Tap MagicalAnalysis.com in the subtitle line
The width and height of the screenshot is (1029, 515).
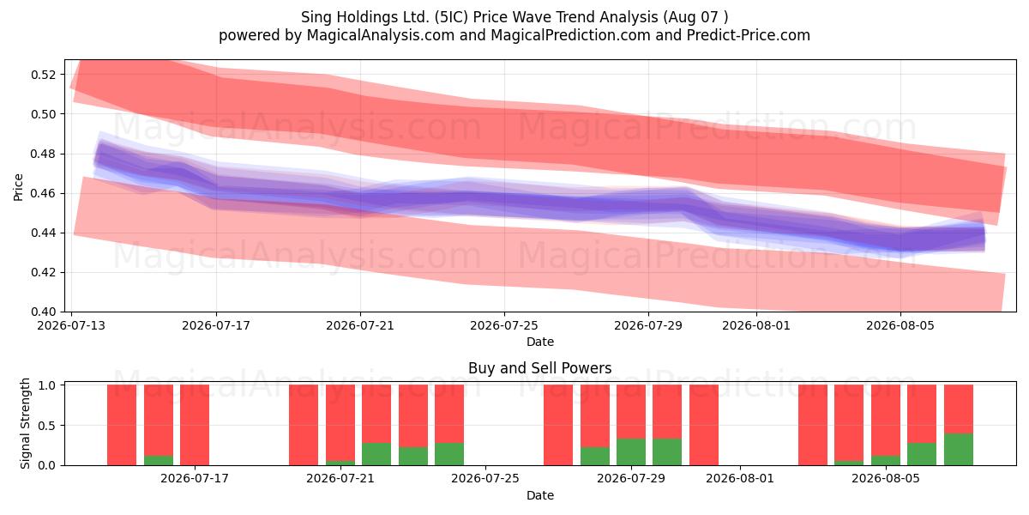[381, 35]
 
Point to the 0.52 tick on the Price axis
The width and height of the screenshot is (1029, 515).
[44, 75]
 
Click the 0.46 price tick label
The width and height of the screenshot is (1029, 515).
[44, 193]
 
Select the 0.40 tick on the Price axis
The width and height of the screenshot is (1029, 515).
[44, 312]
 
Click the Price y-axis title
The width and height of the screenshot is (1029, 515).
[18, 187]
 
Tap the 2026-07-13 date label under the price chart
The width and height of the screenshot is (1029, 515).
[71, 325]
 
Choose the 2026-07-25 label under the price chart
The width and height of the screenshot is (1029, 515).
[504, 325]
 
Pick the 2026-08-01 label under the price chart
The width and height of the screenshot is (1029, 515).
[756, 325]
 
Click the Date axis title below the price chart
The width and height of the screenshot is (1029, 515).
[540, 342]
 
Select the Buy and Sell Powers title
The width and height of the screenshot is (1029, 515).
[539, 368]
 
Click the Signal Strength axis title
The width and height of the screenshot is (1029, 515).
[25, 423]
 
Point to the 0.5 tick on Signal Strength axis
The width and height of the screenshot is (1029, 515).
[47, 426]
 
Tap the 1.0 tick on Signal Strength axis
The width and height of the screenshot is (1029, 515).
[47, 385]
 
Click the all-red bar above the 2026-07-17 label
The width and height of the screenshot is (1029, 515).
[195, 425]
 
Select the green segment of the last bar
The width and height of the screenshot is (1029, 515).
[959, 449]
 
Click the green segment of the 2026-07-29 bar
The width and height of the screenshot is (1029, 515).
[631, 452]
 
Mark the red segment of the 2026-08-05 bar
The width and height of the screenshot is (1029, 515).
[886, 421]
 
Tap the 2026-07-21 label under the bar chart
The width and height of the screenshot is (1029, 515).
[340, 478]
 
